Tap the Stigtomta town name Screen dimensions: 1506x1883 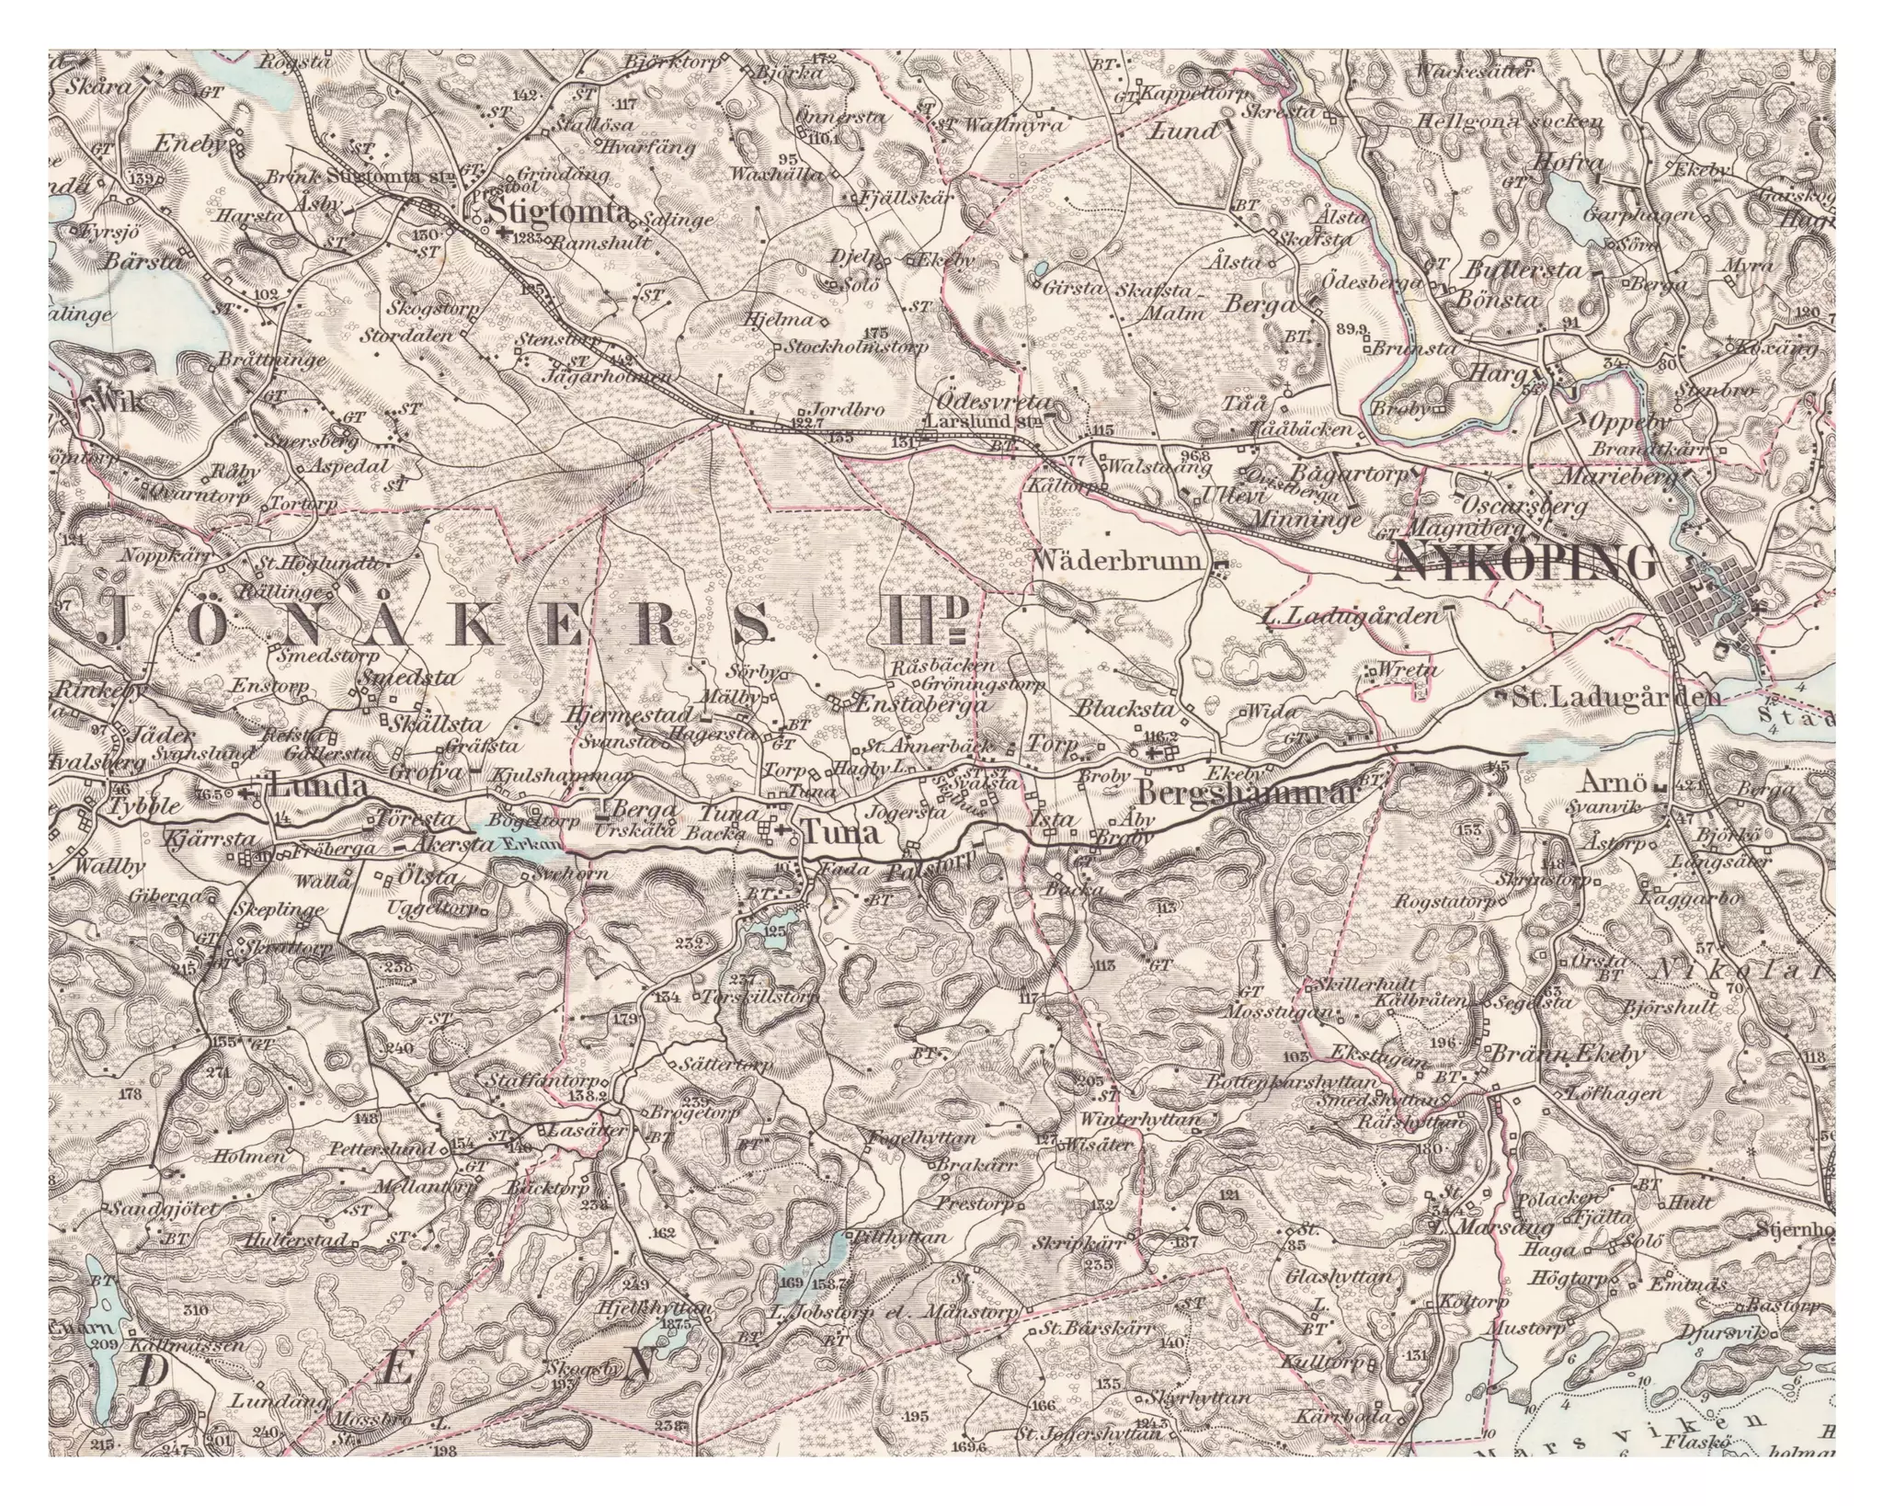[x=562, y=213]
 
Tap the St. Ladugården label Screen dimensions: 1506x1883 [x=1615, y=697]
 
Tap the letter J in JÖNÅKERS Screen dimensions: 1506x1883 [x=117, y=623]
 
